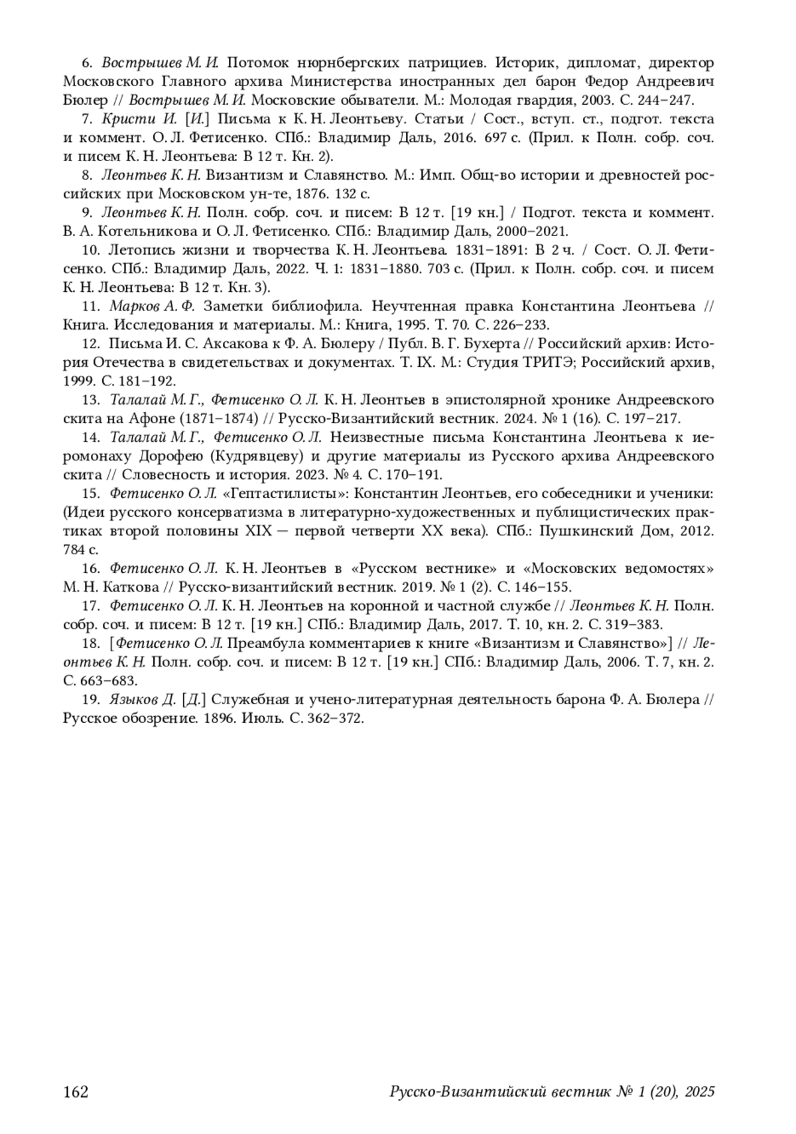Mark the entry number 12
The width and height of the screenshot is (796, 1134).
point(90,344)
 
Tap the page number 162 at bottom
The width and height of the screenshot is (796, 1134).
point(76,1092)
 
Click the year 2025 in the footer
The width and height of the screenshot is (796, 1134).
point(699,1092)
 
